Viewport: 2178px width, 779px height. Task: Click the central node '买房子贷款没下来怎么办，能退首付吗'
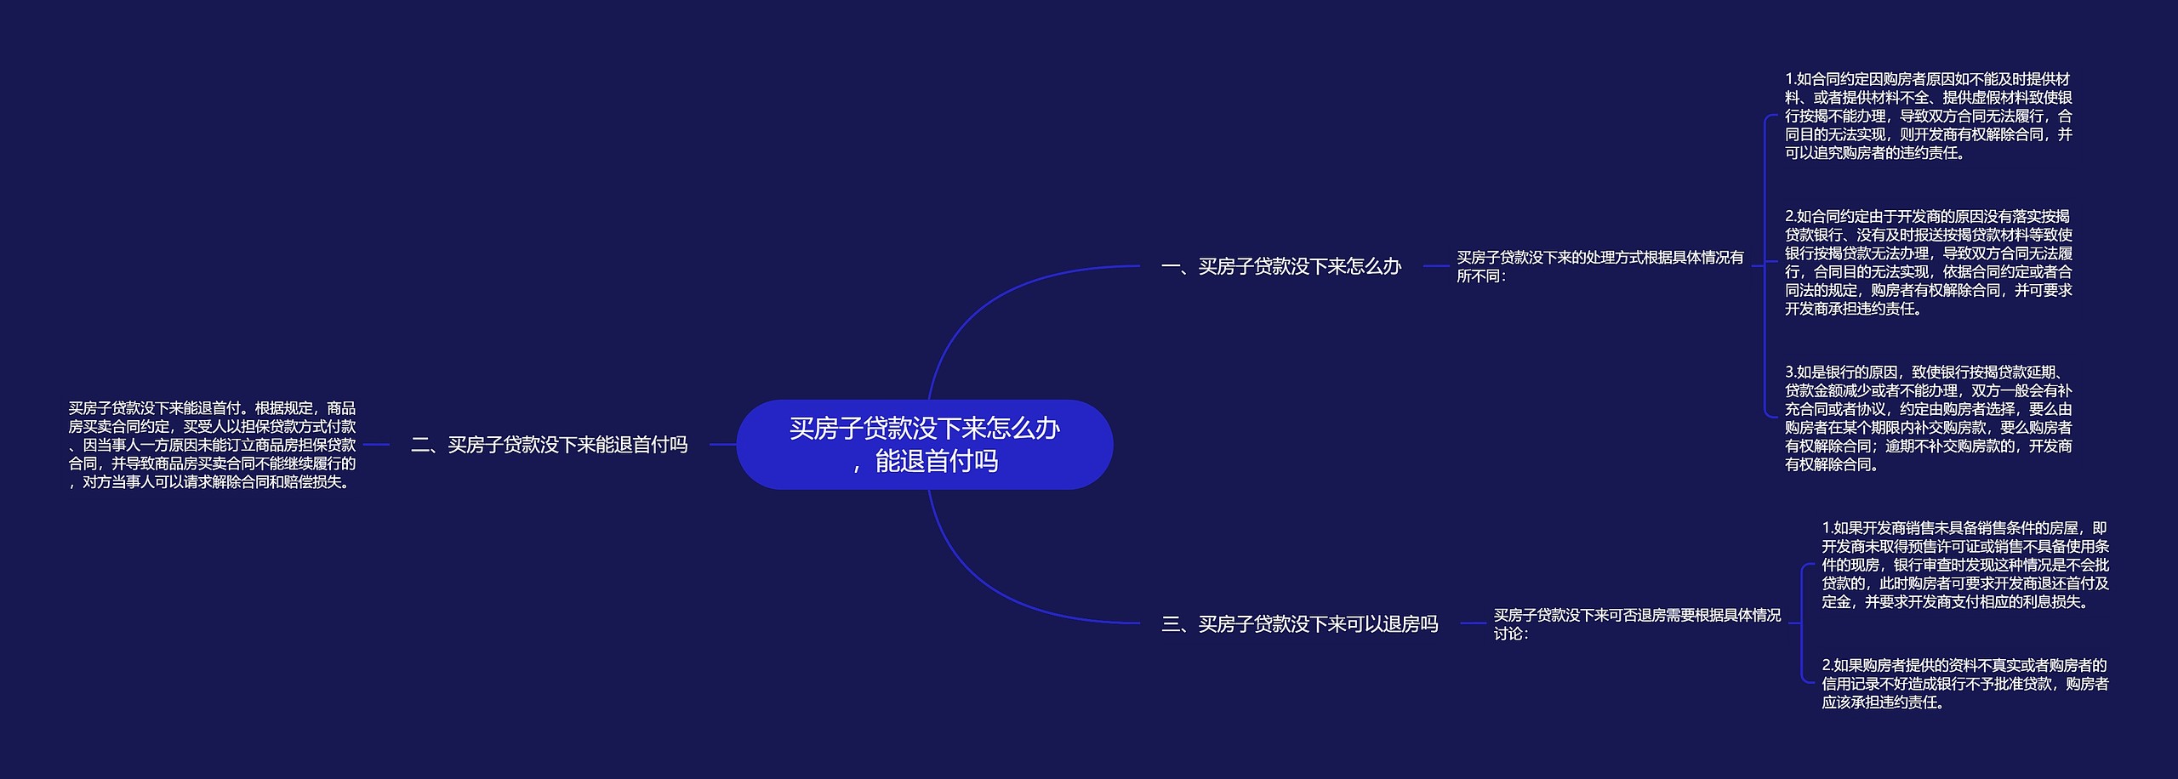pos(924,444)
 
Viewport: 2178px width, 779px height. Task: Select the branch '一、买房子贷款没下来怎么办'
pos(1280,266)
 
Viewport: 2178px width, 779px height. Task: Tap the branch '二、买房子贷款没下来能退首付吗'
pos(549,444)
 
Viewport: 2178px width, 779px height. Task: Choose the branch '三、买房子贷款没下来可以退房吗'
pos(1299,624)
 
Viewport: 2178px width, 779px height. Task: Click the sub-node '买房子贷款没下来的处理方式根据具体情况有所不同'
pos(1599,265)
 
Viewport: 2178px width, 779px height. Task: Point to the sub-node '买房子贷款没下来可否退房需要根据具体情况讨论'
pos(1637,623)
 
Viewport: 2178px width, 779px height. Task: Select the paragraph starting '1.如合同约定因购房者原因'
pos(1928,116)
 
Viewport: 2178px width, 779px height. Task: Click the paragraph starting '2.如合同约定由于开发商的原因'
pos(1928,262)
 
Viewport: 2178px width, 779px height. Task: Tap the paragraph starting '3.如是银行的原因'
pos(1928,418)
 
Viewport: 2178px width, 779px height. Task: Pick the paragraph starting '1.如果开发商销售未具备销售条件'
pos(1964,565)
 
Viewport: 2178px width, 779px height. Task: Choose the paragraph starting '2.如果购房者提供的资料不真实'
pos(1964,683)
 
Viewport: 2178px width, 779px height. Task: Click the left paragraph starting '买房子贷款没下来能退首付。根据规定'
pos(212,445)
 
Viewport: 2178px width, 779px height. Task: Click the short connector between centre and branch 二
pos(722,444)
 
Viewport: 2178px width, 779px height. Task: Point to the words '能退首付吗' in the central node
pos(936,461)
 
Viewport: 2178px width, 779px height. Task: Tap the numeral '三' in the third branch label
pos(1171,624)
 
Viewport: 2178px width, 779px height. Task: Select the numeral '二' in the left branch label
pos(420,444)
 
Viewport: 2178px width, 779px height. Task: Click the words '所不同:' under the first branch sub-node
pos(1481,276)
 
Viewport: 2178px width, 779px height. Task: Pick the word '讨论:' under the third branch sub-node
pos(1510,634)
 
